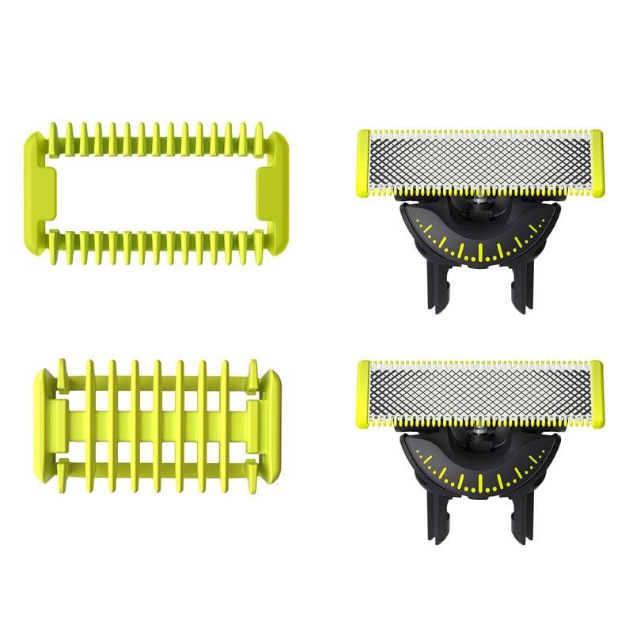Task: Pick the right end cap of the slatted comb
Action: point(271,415)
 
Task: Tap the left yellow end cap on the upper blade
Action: point(363,162)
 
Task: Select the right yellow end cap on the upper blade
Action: point(596,162)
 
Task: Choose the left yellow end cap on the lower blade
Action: point(363,392)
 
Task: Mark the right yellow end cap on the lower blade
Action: point(596,392)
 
